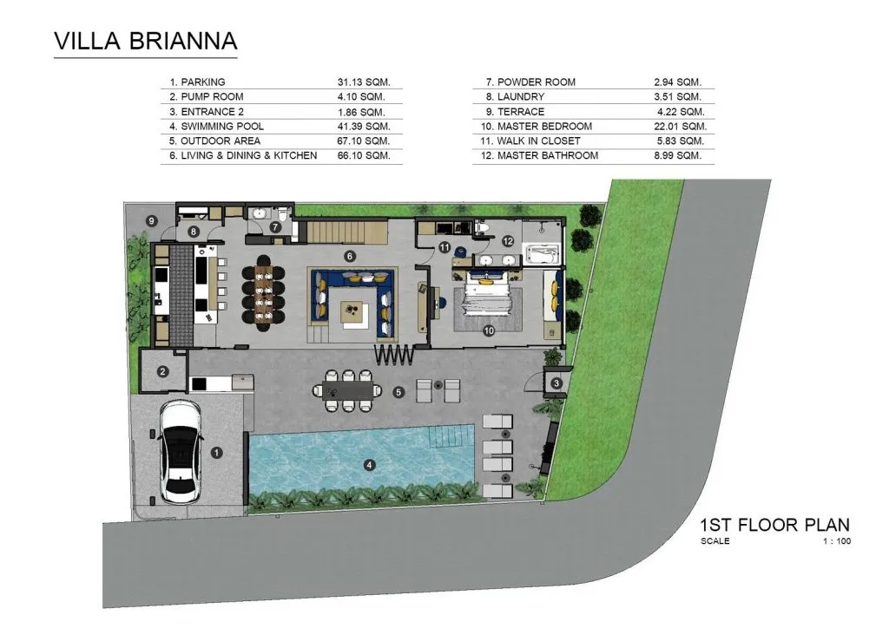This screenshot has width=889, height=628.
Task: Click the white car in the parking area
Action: click(x=181, y=452)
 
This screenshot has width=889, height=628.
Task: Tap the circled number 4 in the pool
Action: click(x=369, y=465)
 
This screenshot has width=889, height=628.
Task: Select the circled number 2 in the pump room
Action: click(x=162, y=371)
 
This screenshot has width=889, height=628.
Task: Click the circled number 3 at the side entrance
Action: click(x=556, y=383)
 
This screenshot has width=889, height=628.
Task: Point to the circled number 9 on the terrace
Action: click(x=151, y=221)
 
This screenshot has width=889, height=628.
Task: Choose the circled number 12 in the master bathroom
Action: click(x=507, y=240)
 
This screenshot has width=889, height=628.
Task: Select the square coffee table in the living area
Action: click(x=355, y=315)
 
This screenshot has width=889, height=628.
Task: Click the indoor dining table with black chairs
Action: click(x=264, y=293)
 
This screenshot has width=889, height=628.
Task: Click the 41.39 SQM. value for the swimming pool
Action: click(x=364, y=127)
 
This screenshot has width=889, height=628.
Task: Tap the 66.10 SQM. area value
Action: click(x=364, y=155)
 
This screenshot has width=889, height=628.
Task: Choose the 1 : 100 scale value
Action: click(x=837, y=540)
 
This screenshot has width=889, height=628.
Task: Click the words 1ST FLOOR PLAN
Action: click(x=775, y=525)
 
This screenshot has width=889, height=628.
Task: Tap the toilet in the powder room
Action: click(x=284, y=215)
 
